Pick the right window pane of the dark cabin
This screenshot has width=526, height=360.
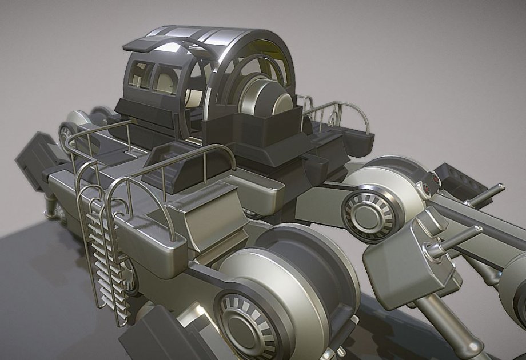pyautogui.click(x=166, y=81)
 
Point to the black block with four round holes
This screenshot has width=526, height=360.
pyautogui.click(x=460, y=180)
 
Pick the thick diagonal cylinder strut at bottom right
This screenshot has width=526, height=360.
pyautogui.click(x=446, y=320)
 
